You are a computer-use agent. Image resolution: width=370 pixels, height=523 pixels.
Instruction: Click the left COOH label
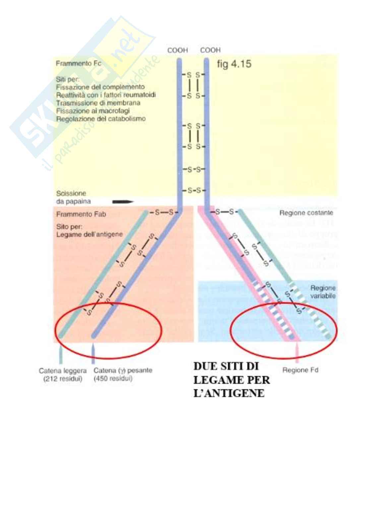[x=177, y=50]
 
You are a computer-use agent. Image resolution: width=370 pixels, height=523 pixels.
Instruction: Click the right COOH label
[x=210, y=50]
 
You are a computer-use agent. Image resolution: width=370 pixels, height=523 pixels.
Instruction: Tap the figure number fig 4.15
[x=234, y=64]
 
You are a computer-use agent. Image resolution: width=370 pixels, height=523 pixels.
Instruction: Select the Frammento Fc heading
[x=78, y=63]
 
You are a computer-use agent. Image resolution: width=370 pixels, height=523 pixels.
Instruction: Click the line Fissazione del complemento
[x=100, y=87]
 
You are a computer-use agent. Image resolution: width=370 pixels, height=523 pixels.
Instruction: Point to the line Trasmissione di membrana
[x=98, y=103]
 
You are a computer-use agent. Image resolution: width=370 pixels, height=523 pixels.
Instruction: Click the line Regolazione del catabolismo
[x=100, y=119]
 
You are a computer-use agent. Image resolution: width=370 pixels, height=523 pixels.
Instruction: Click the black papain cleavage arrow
[x=123, y=201]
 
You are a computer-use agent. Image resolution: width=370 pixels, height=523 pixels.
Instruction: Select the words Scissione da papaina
[x=73, y=197]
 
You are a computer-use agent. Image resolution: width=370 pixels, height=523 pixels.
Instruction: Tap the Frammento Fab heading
[x=81, y=214]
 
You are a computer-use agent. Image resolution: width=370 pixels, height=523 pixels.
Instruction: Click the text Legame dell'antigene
[x=89, y=235]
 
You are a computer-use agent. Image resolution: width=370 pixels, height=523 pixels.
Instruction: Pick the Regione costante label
[x=306, y=213]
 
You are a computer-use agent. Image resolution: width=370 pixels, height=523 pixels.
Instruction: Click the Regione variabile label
[x=323, y=292]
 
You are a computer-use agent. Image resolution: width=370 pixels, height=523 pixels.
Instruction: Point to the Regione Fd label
[x=300, y=370]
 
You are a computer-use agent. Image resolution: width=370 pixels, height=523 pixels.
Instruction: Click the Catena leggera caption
[x=62, y=371]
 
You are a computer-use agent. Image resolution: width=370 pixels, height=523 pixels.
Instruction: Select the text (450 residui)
[x=113, y=379]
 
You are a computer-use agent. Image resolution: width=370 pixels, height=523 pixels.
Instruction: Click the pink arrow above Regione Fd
[x=297, y=354]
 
